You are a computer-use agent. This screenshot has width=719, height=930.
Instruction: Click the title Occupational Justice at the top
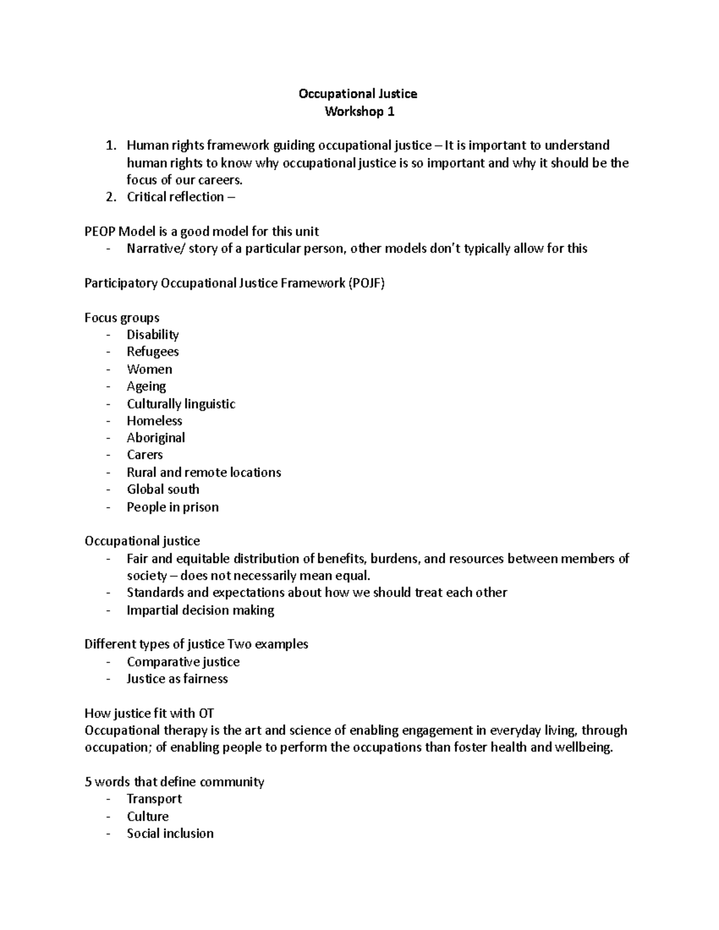358,94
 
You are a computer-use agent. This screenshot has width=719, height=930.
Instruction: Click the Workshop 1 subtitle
359,111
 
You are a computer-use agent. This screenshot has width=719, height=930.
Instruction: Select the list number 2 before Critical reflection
109,197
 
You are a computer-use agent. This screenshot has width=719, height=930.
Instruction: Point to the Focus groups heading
122,317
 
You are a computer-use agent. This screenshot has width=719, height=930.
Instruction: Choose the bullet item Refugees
153,352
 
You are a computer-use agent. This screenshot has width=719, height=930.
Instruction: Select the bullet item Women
149,369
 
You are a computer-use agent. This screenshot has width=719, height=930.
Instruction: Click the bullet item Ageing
146,386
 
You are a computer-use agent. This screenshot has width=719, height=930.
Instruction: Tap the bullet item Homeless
154,421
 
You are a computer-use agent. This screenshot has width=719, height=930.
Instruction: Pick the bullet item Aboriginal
156,438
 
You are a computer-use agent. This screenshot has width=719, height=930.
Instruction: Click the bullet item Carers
144,455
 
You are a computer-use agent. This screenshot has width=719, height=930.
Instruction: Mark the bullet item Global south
163,489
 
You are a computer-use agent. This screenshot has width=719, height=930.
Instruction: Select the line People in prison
173,507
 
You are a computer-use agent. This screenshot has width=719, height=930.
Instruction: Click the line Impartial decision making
200,610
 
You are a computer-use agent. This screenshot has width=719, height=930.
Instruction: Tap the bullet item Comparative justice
183,662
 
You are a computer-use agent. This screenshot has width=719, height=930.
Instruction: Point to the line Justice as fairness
177,678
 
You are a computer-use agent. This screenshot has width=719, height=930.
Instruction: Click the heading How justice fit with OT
149,713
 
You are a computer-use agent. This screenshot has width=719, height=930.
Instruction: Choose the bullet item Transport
154,799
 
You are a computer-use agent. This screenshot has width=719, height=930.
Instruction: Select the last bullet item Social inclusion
170,834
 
